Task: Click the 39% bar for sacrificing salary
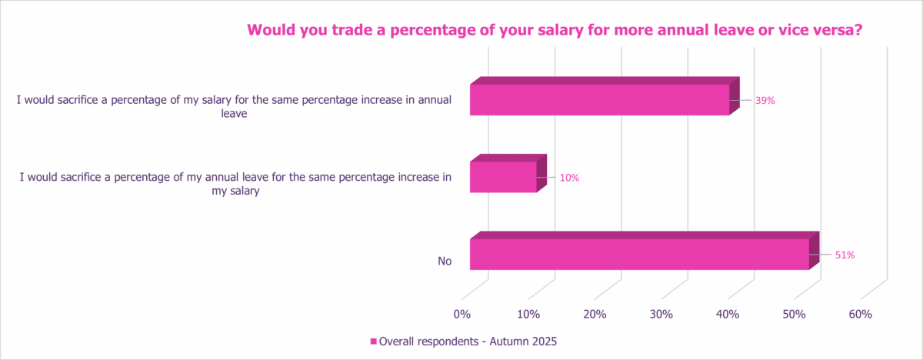pos(599,99)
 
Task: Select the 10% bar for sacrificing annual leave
pos(502,177)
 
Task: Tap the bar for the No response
pos(638,254)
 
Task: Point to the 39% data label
pos(765,101)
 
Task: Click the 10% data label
pos(569,178)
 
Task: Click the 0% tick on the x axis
pos(461,315)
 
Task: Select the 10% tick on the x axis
pos(528,315)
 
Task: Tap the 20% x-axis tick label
pos(595,315)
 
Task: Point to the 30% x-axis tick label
pos(661,315)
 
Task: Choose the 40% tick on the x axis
pos(728,315)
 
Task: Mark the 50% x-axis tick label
pos(794,315)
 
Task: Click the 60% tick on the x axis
pos(860,315)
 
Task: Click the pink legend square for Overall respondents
pos(374,340)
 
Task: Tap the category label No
pos(444,262)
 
